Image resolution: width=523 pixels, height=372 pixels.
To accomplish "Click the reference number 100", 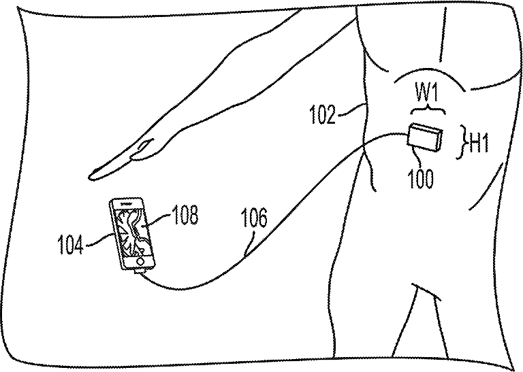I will [x=421, y=180].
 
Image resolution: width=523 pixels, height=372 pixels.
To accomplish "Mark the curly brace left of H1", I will [x=459, y=139].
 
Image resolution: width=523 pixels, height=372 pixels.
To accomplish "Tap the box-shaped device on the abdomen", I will [x=426, y=138].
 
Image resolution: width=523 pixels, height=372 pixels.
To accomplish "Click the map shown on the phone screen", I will [x=132, y=233].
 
